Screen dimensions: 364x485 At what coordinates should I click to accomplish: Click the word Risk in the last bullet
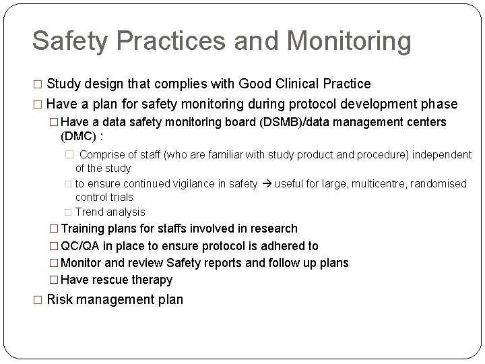(x=59, y=299)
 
